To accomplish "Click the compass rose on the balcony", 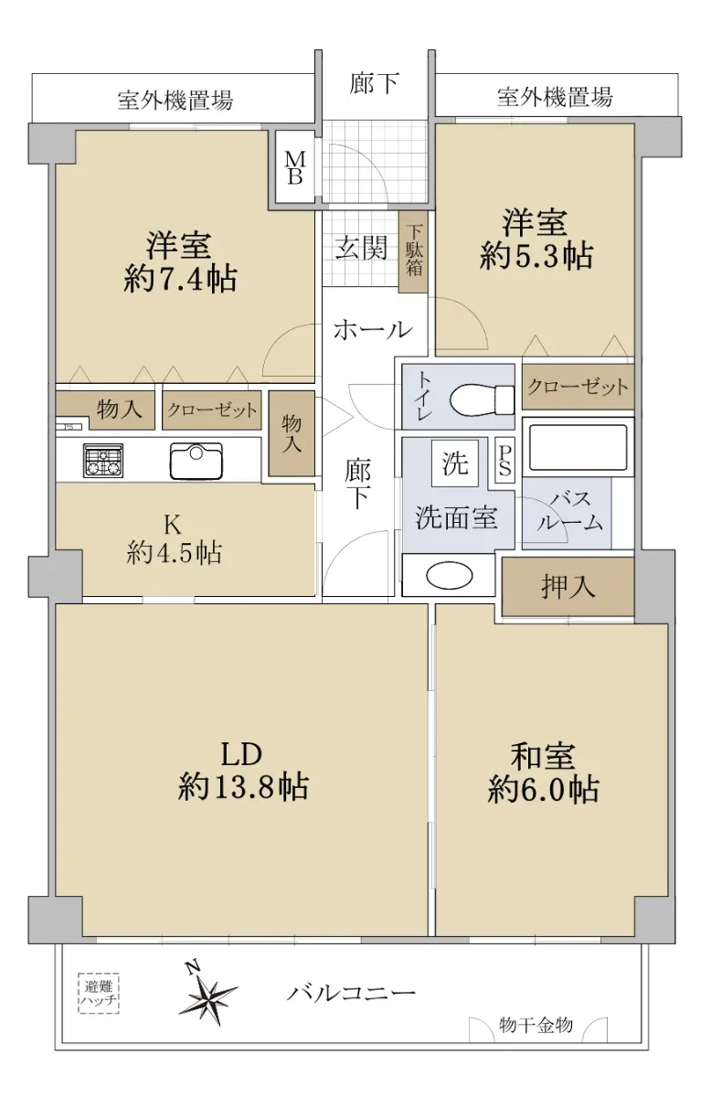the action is [x=207, y=996].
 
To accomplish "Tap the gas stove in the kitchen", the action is [x=103, y=461].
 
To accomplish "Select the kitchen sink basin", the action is [x=196, y=461].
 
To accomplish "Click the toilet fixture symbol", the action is [x=482, y=399].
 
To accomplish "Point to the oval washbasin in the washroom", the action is [x=449, y=575].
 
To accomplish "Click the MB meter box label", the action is [x=295, y=167].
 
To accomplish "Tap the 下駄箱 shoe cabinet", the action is [x=413, y=251].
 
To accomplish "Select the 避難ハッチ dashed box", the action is [x=99, y=993].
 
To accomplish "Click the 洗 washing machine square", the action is [x=455, y=463].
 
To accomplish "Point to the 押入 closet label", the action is [x=568, y=586].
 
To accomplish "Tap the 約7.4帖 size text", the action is [x=181, y=279].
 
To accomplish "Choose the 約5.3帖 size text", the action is [x=536, y=256].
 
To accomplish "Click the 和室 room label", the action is [x=543, y=756].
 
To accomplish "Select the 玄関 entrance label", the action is [x=361, y=248].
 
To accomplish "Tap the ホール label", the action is [x=373, y=330].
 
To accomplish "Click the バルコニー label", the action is [x=351, y=993].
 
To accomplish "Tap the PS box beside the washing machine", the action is [x=504, y=461].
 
